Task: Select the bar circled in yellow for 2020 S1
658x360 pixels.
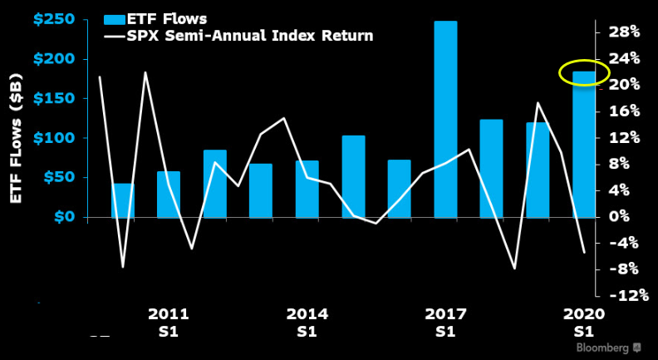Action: [x=584, y=145]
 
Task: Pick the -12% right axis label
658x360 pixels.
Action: [x=621, y=295]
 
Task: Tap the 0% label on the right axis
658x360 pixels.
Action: [x=627, y=216]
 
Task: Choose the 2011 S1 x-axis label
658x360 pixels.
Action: [x=169, y=323]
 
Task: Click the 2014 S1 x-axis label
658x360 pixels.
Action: [x=307, y=323]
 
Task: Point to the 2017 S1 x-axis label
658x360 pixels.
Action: [x=445, y=323]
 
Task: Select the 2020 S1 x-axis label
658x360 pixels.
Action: [x=584, y=323]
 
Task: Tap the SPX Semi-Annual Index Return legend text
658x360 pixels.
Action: [x=248, y=36]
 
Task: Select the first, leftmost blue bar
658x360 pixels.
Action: [x=123, y=200]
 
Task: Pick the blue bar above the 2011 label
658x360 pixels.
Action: [x=169, y=195]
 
